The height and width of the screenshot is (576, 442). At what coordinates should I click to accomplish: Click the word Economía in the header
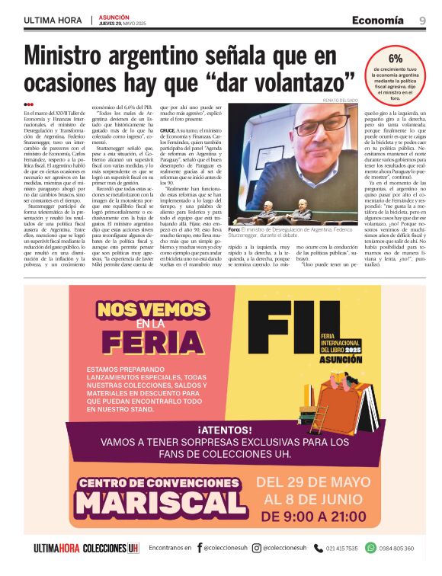click(378, 21)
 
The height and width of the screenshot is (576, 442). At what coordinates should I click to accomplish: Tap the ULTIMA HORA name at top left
click(53, 21)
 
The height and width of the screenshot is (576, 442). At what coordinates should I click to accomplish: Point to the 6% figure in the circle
click(396, 59)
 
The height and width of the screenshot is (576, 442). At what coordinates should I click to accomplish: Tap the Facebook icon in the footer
click(200, 548)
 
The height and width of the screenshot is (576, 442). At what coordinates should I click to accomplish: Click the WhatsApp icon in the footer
click(370, 548)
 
